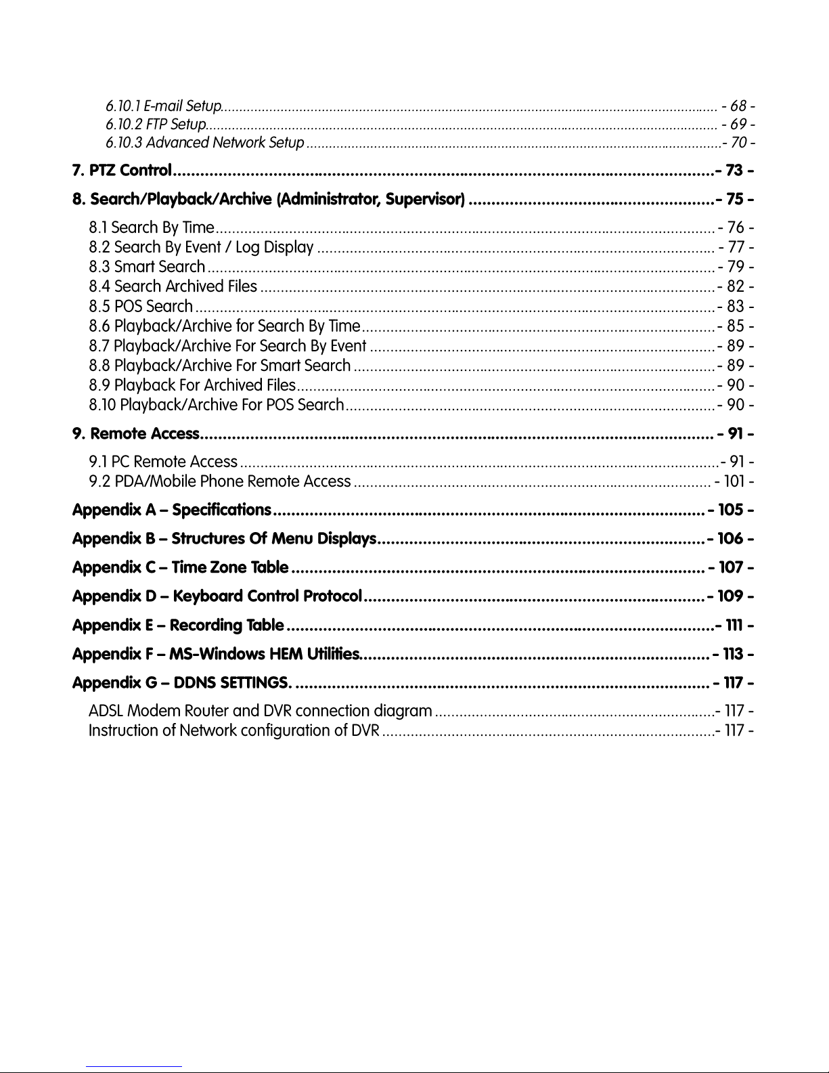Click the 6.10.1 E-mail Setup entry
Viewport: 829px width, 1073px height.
click(x=164, y=106)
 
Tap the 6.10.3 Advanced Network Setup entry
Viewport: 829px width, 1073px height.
click(x=205, y=143)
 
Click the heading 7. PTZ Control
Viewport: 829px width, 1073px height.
click(x=122, y=171)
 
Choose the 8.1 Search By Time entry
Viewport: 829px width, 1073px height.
click(x=152, y=227)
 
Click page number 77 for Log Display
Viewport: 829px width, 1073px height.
click(x=736, y=247)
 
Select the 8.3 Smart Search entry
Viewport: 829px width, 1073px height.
click(x=147, y=267)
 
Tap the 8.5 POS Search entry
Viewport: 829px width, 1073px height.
click(x=141, y=307)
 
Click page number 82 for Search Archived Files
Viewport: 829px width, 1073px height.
click(x=736, y=287)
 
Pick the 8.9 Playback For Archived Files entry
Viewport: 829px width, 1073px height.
click(x=192, y=386)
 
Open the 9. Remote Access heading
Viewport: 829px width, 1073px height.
click(x=136, y=433)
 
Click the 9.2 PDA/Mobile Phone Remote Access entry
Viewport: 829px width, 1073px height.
click(x=220, y=482)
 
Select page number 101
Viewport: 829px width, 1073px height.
click(x=734, y=482)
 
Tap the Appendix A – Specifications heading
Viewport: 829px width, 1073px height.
click(x=172, y=509)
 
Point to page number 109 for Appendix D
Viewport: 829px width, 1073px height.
click(x=730, y=596)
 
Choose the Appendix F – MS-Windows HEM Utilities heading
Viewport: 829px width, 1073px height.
click(x=216, y=654)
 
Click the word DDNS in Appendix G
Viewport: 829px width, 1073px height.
click(x=195, y=682)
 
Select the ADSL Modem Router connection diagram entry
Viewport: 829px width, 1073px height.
click(x=261, y=711)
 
